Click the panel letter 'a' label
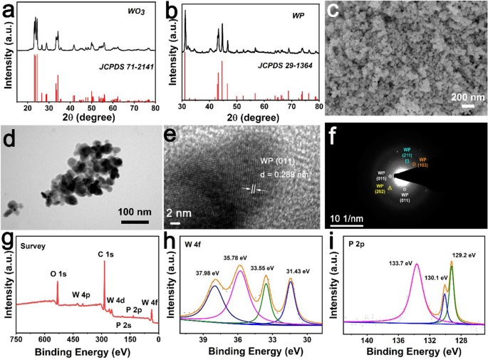(9, 11)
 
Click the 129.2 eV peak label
(463, 254)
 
